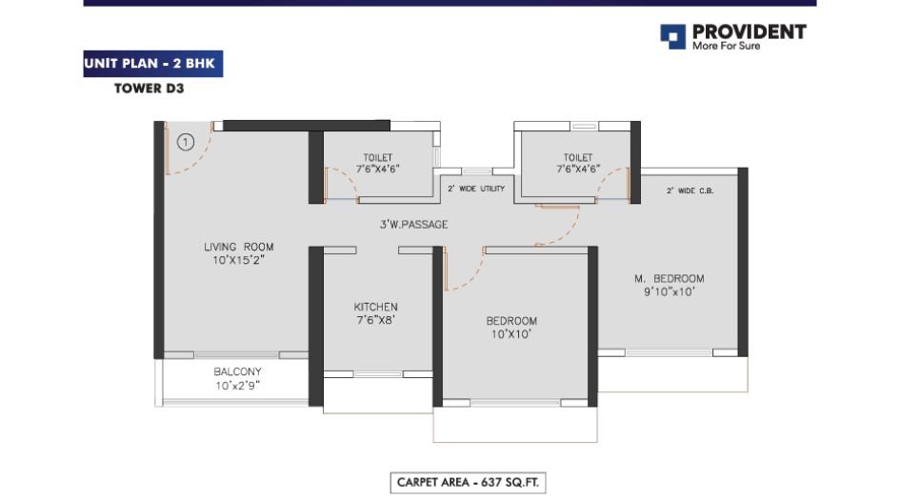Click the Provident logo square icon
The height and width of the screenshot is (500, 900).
point(672,36)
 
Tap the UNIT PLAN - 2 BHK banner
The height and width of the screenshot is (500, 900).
point(153,66)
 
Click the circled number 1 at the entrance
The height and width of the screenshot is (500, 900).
point(186,143)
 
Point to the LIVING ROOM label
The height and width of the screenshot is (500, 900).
point(238,247)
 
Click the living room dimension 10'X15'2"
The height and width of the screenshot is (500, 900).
point(238,259)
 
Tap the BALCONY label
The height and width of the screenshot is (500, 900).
point(237,371)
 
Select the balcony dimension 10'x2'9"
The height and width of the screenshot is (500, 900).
point(237,386)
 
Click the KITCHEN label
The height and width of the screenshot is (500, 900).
point(375,307)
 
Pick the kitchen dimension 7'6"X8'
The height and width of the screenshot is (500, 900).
point(375,320)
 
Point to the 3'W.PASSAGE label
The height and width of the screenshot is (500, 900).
point(411,225)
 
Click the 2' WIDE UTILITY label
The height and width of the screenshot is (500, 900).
point(475,190)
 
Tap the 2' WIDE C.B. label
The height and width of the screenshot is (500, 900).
point(690,190)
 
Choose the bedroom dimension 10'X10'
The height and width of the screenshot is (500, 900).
point(511,334)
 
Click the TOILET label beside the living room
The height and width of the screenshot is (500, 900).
point(377,157)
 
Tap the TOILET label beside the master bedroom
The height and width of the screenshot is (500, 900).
point(577,157)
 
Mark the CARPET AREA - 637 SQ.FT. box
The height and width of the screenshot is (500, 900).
point(470,483)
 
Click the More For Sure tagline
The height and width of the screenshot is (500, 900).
point(726,46)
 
